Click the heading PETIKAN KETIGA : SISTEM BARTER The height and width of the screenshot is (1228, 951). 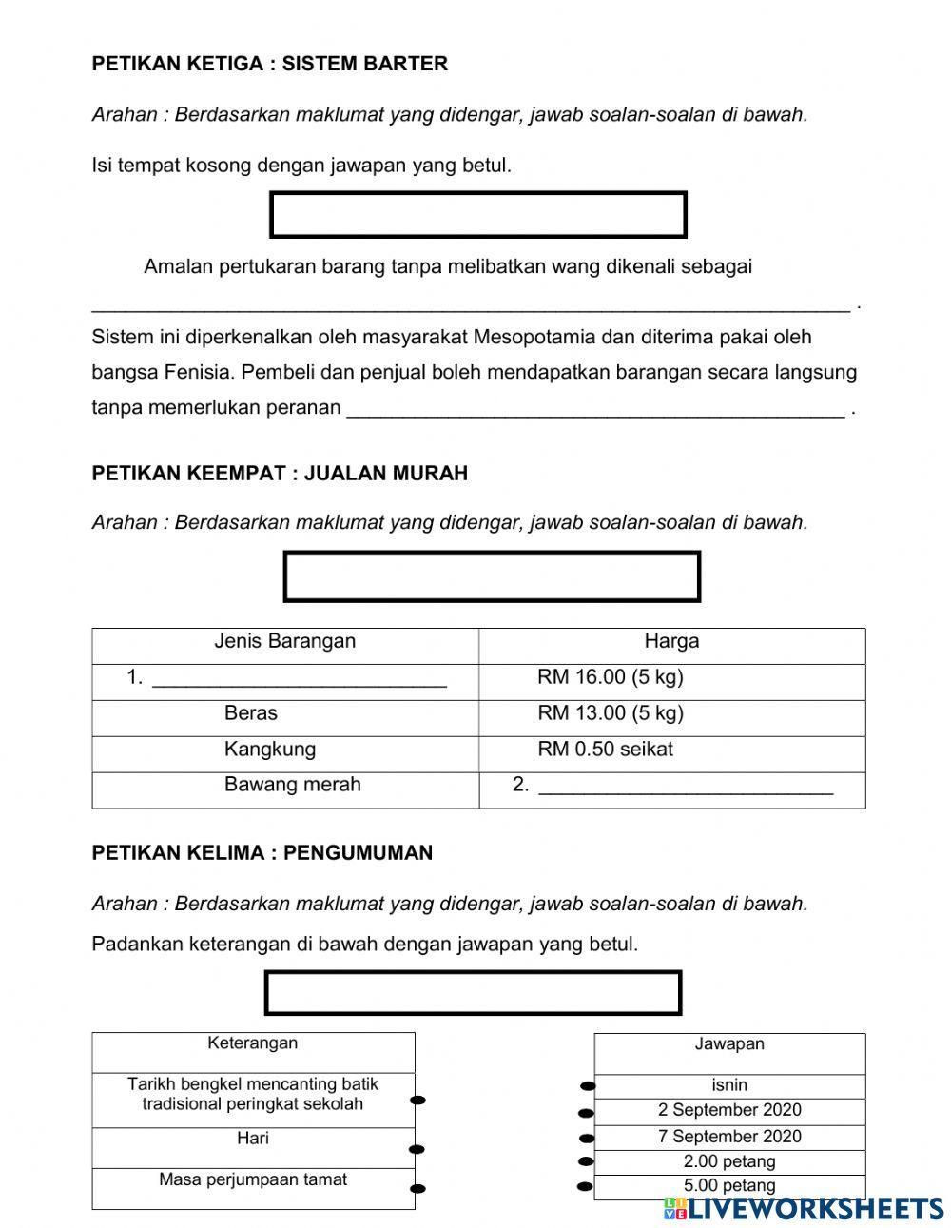(x=269, y=64)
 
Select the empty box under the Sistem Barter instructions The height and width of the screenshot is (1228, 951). (x=477, y=215)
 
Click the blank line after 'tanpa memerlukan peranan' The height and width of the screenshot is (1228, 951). (x=595, y=409)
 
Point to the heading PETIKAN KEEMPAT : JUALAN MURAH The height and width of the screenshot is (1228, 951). (x=280, y=473)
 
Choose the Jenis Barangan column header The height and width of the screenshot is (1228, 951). (x=284, y=641)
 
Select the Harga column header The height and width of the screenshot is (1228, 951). (x=671, y=641)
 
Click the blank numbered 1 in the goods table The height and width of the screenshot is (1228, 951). (x=299, y=679)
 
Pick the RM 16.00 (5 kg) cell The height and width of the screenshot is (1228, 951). (x=611, y=677)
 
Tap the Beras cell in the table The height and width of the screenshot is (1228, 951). (x=251, y=713)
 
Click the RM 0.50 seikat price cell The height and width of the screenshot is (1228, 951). (x=605, y=749)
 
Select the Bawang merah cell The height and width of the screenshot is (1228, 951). (x=292, y=785)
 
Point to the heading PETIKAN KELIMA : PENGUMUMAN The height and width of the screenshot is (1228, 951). (x=262, y=852)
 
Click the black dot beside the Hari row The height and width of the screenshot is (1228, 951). (x=417, y=1149)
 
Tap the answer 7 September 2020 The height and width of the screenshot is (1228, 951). (x=729, y=1137)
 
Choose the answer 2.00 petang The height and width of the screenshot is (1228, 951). (x=729, y=1161)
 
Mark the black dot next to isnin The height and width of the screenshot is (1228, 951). (x=588, y=1085)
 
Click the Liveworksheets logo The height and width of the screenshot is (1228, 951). (x=805, y=1208)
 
